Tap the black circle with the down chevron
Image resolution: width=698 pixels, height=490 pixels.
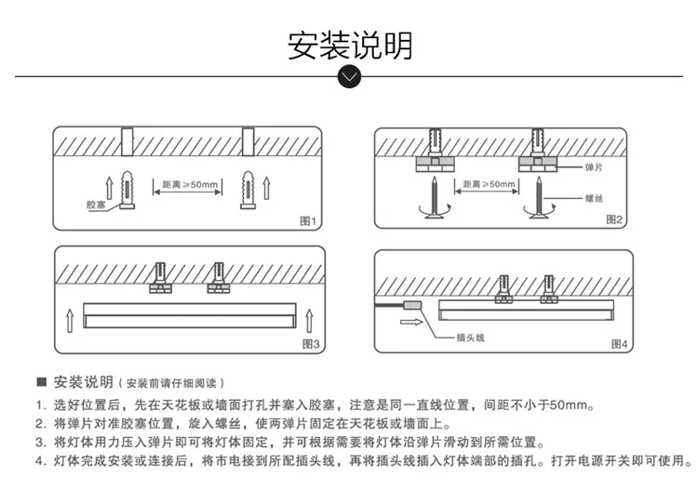(349, 76)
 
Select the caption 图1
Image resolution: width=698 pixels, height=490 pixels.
(308, 221)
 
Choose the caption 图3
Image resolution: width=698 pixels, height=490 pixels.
(311, 344)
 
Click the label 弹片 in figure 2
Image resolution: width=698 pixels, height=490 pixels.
(592, 166)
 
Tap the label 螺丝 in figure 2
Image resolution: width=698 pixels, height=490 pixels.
(594, 198)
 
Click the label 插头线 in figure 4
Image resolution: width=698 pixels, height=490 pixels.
(471, 338)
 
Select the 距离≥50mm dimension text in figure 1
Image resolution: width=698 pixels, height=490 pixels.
(189, 185)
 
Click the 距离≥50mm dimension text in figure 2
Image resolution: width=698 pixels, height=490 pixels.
(488, 184)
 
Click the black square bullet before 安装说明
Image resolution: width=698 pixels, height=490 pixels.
(41, 382)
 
